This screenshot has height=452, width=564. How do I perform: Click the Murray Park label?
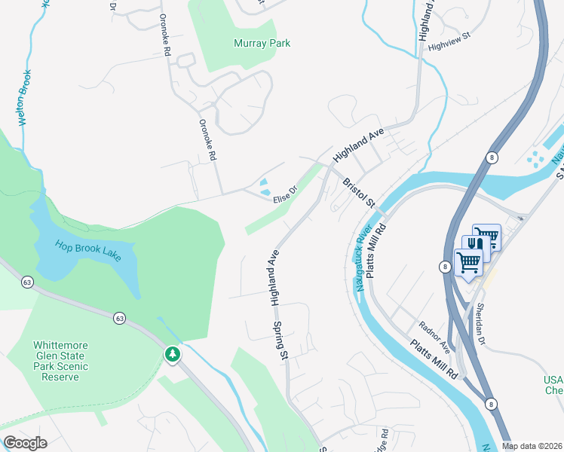(x=262, y=44)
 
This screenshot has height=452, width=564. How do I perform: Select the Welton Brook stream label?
(x=24, y=97)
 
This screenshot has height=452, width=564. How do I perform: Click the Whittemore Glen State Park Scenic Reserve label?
(x=60, y=361)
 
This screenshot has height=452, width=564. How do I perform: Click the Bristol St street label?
(x=359, y=194)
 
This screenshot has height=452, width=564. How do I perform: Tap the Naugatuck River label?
(x=363, y=257)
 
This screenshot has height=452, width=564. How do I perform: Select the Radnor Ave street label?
(x=434, y=336)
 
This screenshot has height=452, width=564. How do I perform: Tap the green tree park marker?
(x=173, y=353)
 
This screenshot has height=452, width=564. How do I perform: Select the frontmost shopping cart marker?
(x=469, y=263)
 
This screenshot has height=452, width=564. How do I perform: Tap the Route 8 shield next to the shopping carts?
(x=446, y=266)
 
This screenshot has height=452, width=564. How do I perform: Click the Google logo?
(x=25, y=443)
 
